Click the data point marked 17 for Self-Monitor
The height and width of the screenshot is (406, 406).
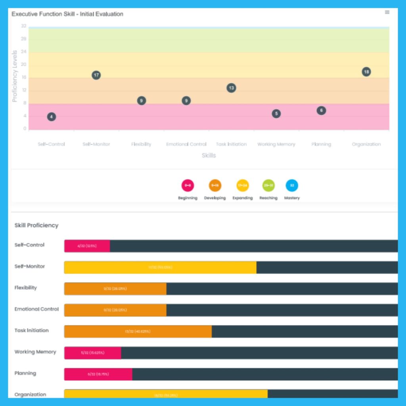96,75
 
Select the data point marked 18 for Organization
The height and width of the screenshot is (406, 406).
366,72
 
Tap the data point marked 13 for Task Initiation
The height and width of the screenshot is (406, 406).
232,88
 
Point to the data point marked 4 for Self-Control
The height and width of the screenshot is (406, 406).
51,117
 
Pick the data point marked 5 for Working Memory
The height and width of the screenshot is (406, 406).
276,114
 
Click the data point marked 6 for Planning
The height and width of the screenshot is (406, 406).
322,111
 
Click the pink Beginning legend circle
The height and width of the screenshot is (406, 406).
188,186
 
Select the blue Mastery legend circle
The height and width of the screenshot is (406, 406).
292,186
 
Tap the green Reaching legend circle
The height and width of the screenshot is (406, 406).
268,186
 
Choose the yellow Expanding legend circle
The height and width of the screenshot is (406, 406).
243,186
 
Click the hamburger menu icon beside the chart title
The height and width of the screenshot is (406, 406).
387,12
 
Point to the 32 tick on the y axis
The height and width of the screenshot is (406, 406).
24,26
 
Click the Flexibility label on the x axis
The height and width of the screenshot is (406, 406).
141,144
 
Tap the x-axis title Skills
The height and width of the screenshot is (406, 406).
209,155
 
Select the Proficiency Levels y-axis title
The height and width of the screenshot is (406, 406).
15,76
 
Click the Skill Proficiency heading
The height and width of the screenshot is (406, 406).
36,225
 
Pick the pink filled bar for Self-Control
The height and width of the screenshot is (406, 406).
87,246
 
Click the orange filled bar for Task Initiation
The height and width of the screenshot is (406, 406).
138,331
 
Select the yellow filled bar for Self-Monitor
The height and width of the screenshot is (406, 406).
160,267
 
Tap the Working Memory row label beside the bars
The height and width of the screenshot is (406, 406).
35,352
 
